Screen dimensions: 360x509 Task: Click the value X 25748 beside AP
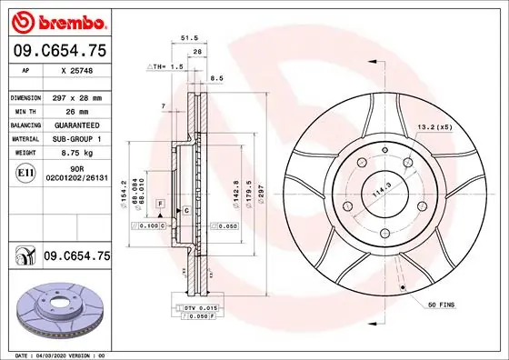[x=76, y=70]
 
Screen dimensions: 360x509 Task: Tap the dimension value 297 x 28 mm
[x=75, y=96]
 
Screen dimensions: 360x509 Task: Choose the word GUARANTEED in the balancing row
[x=75, y=125]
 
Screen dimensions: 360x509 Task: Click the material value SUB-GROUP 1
[x=75, y=139]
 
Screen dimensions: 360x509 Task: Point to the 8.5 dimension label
[x=216, y=79]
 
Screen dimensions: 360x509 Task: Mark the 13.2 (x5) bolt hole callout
[x=434, y=127]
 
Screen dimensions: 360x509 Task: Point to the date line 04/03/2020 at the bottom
[x=59, y=354]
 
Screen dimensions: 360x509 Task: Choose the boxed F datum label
[x=159, y=202]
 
